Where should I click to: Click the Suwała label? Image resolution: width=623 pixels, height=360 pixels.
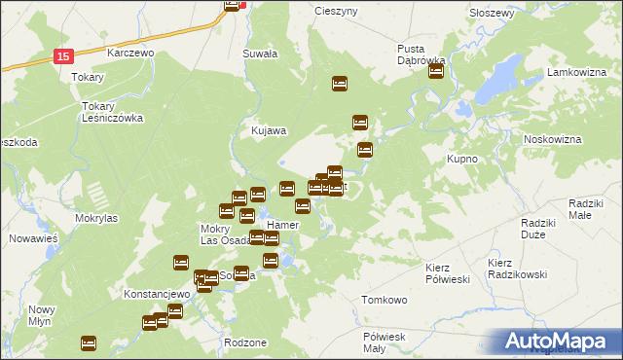[261, 54]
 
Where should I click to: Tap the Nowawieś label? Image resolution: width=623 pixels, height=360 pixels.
[34, 237]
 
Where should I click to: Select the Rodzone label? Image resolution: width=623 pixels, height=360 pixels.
[244, 342]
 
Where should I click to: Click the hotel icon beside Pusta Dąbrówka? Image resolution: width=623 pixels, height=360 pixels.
[436, 71]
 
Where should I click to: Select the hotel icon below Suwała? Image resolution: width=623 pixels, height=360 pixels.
[340, 84]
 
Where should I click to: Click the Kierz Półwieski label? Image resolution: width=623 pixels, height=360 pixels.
[449, 272]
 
